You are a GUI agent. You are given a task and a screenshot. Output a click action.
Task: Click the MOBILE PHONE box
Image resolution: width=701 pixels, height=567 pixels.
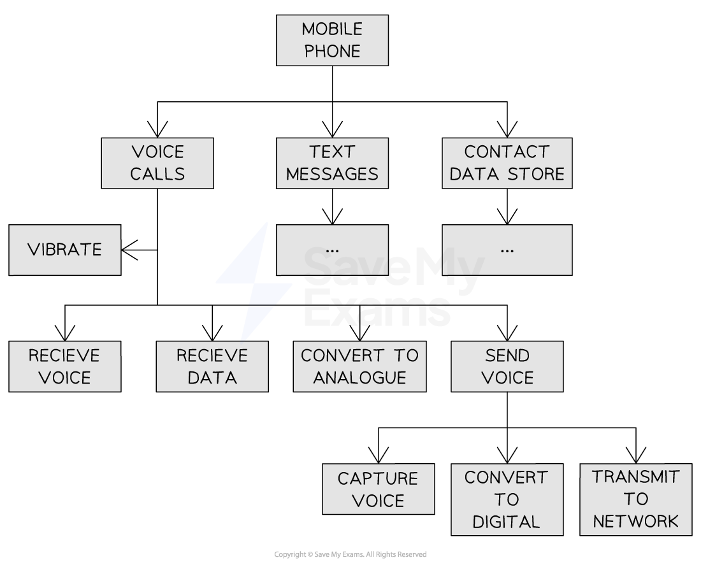[x=332, y=40]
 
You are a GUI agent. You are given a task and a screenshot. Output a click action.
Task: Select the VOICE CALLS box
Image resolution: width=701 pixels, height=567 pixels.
[x=157, y=163]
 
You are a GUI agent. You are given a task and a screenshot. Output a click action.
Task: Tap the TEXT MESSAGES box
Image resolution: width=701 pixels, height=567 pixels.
[x=332, y=163]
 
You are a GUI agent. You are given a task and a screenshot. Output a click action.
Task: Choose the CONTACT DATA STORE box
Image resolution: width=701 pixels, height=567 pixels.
[x=507, y=163]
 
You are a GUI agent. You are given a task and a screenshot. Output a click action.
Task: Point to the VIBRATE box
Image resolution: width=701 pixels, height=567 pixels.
[x=65, y=250]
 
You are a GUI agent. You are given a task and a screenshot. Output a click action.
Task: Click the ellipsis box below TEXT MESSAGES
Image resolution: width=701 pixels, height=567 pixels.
[x=332, y=250]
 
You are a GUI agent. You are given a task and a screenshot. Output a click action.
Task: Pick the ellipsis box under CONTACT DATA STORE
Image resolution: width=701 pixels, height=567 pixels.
[x=507, y=250]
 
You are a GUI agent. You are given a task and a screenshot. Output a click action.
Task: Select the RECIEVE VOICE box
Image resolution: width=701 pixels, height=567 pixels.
[x=65, y=366]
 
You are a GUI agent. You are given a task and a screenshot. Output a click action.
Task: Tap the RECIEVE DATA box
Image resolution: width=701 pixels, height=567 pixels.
[x=212, y=366]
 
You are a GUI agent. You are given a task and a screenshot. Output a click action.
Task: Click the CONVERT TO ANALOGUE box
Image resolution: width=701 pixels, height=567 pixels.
[x=359, y=366]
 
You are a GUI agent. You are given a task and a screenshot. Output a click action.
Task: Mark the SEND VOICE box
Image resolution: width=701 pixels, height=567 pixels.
[x=507, y=366]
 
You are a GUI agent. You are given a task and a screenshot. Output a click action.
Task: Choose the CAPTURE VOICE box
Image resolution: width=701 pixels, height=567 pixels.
[x=378, y=489]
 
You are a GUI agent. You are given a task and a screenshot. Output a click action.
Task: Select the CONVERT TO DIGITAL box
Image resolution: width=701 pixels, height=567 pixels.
[x=507, y=499]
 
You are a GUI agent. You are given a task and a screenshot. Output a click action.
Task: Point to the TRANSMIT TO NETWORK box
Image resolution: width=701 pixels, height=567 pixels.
[x=636, y=499]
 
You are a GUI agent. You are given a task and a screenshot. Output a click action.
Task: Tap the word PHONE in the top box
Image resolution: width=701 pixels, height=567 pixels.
[x=332, y=52]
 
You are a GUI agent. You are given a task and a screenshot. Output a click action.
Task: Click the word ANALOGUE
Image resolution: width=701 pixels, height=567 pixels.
[x=359, y=378]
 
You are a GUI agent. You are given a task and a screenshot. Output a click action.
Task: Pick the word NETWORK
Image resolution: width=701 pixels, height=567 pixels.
[x=636, y=521]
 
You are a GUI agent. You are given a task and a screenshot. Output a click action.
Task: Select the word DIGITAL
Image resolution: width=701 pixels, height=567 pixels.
[x=507, y=522]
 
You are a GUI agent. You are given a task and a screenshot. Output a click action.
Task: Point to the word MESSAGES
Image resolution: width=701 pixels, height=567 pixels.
[x=332, y=174]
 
